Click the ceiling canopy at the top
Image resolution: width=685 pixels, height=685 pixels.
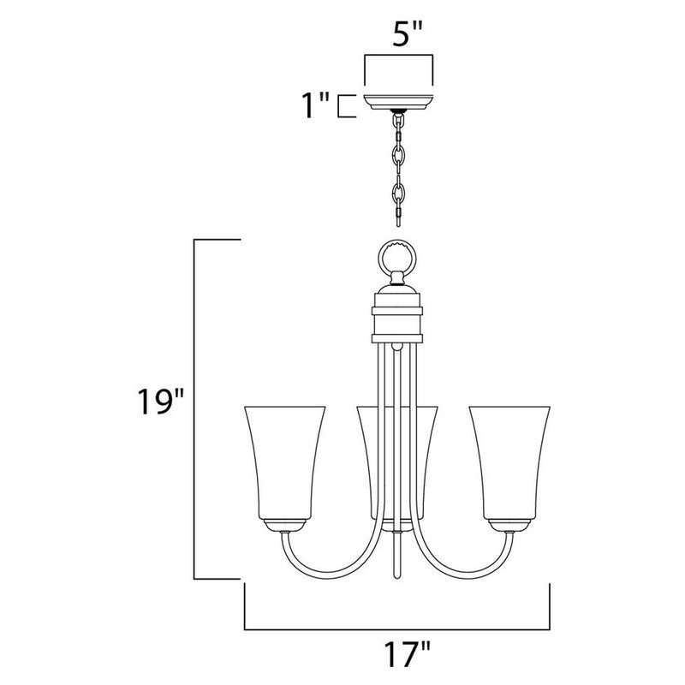click(x=400, y=102)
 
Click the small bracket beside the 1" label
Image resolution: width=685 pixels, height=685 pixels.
click(x=345, y=106)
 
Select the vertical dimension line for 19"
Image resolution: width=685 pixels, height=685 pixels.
click(x=199, y=411)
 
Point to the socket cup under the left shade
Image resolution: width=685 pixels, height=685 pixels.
click(x=284, y=525)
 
